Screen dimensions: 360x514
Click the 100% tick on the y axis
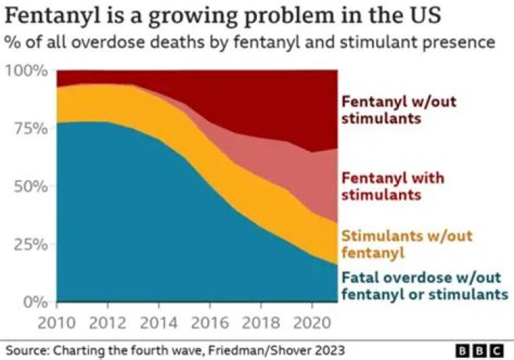tap(26, 71)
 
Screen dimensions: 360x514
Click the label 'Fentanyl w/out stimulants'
tap(398, 109)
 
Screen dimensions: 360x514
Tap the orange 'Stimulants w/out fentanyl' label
tap(407, 244)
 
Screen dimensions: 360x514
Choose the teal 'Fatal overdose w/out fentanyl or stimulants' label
tap(424, 286)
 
